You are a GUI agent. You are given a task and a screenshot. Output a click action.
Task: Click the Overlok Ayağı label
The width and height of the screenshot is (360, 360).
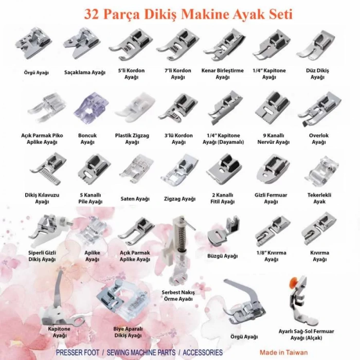(x=319, y=139)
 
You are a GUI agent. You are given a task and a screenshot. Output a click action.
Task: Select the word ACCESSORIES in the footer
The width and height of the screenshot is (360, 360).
(x=201, y=353)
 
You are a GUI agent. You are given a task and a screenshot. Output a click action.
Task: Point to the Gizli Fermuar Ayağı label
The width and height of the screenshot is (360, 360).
(x=271, y=199)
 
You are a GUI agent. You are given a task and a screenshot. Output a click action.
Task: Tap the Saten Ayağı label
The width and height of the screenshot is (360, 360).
(x=135, y=199)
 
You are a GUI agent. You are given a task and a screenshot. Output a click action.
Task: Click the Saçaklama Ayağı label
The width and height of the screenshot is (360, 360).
(x=85, y=73)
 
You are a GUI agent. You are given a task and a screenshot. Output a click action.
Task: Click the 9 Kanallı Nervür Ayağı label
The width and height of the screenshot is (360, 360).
(x=271, y=139)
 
